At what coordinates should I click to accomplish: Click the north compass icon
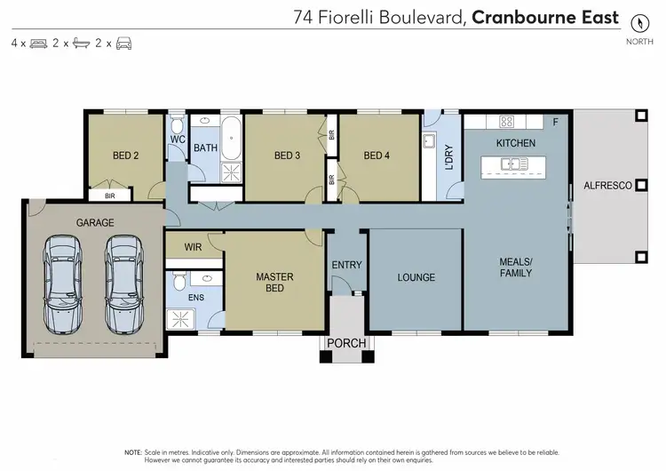point(638,21)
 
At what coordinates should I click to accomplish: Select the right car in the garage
point(122,283)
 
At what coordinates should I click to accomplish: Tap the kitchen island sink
point(513,164)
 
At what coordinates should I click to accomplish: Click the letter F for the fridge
point(556,121)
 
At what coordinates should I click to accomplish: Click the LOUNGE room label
point(416,277)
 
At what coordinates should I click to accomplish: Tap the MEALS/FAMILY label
point(515,267)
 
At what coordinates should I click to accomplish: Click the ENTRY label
point(346,265)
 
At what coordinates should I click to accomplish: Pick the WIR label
point(194,246)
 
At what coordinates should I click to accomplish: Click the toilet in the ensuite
point(178,282)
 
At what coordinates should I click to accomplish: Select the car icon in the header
point(123,43)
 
